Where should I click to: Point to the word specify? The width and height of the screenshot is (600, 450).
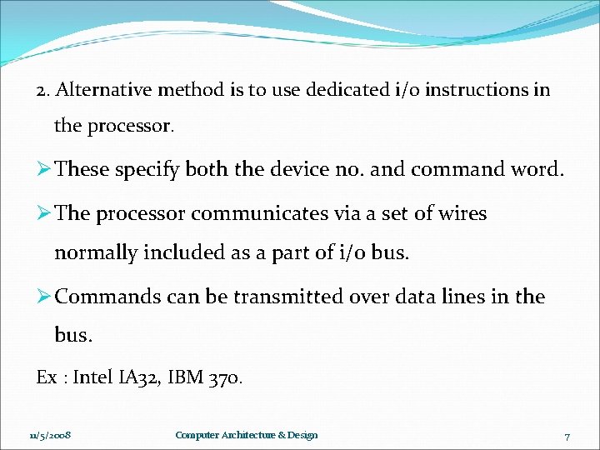pyautogui.click(x=147, y=169)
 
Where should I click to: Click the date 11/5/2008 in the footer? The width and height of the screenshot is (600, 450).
pyautogui.click(x=50, y=435)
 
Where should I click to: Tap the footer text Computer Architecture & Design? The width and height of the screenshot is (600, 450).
pyautogui.click(x=247, y=435)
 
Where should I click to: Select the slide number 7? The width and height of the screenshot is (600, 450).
pyautogui.click(x=567, y=436)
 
